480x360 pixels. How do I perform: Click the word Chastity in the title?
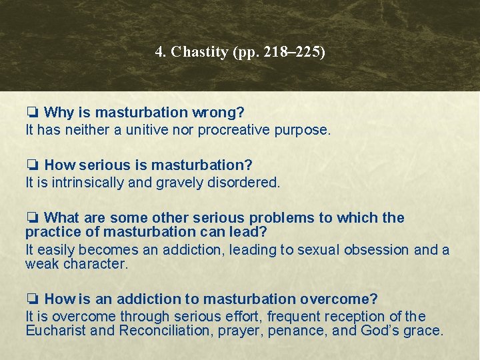[x=199, y=52]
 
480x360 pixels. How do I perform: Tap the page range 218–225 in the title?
[x=295, y=52]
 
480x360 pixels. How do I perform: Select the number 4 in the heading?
[x=159, y=52]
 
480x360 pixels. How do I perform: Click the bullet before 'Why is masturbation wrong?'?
[x=32, y=113]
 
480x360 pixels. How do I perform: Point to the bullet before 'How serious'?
[x=32, y=165]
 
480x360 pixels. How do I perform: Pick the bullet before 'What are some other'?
[x=32, y=218]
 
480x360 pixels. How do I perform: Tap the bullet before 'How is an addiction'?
[x=32, y=299]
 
